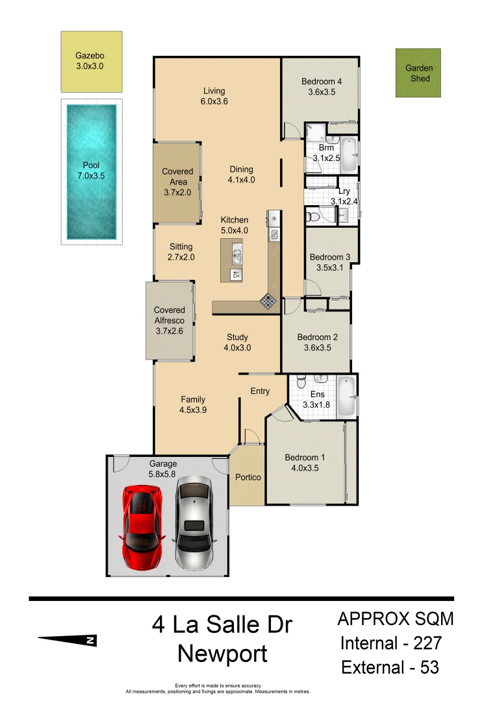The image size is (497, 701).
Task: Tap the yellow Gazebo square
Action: [x=92, y=62]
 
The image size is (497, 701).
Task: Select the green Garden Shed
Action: [x=418, y=73]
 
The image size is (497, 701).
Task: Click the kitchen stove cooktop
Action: [x=268, y=301]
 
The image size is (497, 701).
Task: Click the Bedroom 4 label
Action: [x=321, y=82]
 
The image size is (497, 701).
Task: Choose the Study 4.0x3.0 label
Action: [x=237, y=342]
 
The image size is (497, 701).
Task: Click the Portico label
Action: [x=248, y=477]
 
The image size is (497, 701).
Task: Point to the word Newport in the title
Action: [x=222, y=654]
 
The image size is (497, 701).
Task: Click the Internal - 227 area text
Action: [x=391, y=643]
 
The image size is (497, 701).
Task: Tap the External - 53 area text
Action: [x=390, y=667]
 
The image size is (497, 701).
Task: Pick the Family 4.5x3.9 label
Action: [x=193, y=404]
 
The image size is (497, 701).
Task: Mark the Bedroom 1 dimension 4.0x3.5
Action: [x=305, y=468]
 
